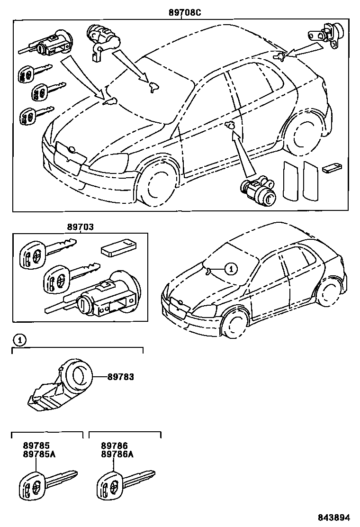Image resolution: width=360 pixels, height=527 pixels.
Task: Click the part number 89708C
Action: [x=185, y=13]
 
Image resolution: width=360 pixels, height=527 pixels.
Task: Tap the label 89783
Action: [x=120, y=377]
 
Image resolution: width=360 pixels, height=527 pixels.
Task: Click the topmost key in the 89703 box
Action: [x=45, y=252]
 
